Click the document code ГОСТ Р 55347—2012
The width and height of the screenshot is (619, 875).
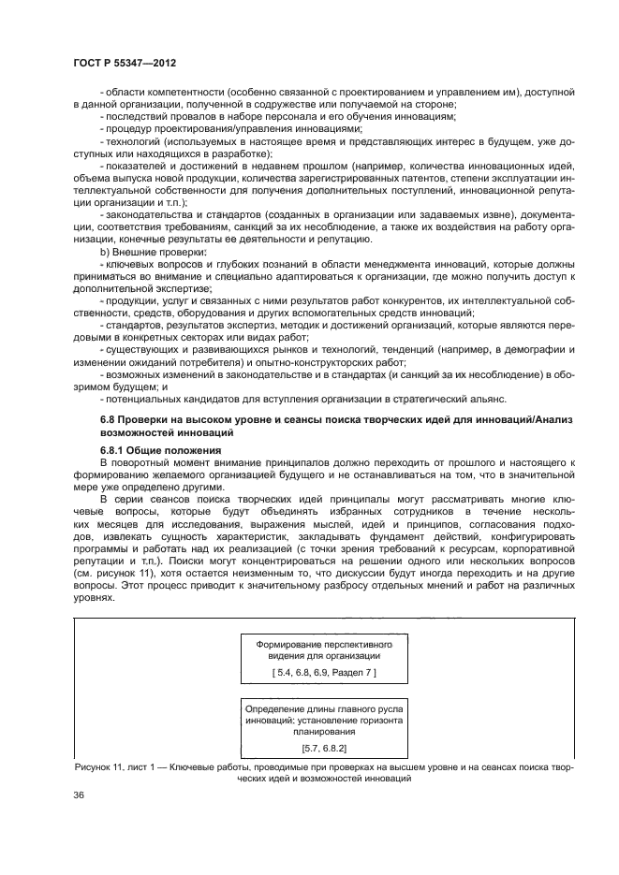(125, 61)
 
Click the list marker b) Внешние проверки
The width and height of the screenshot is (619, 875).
(104, 253)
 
